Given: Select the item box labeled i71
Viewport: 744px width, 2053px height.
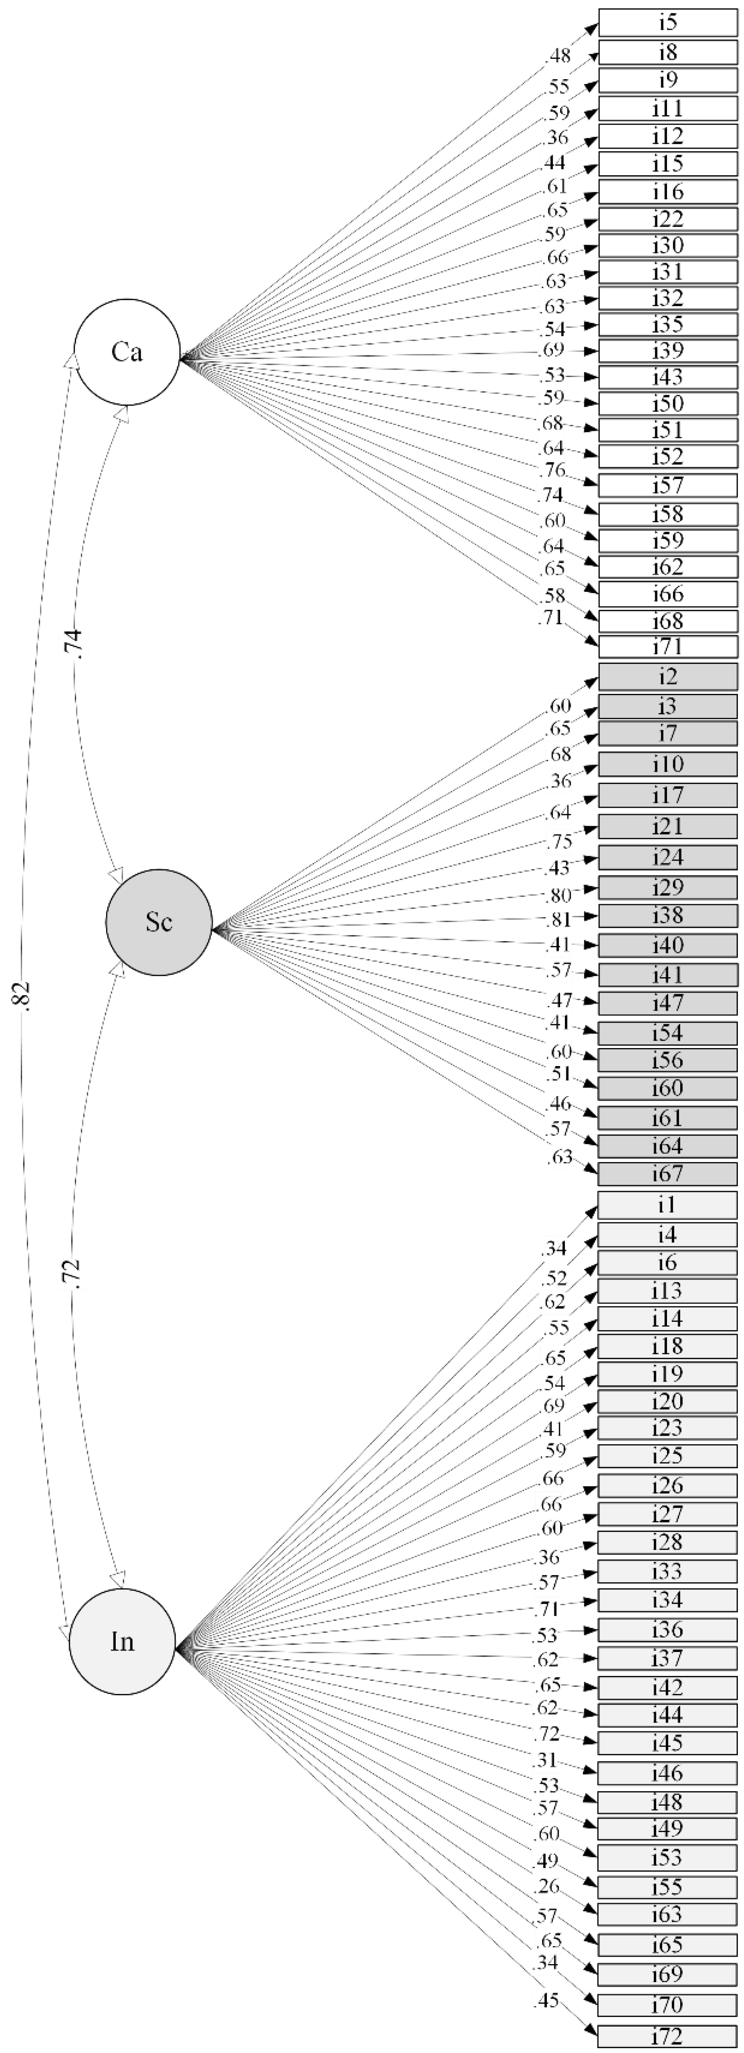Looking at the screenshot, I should pyautogui.click(x=667, y=646).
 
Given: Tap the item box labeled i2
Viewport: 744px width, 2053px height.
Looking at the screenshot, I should pyautogui.click(x=667, y=677).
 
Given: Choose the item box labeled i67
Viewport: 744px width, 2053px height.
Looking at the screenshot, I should pyautogui.click(x=667, y=1174).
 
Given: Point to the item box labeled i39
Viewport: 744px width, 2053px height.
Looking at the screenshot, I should pyautogui.click(x=667, y=351).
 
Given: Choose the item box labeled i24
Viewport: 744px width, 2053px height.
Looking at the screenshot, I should pyautogui.click(x=667, y=858).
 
